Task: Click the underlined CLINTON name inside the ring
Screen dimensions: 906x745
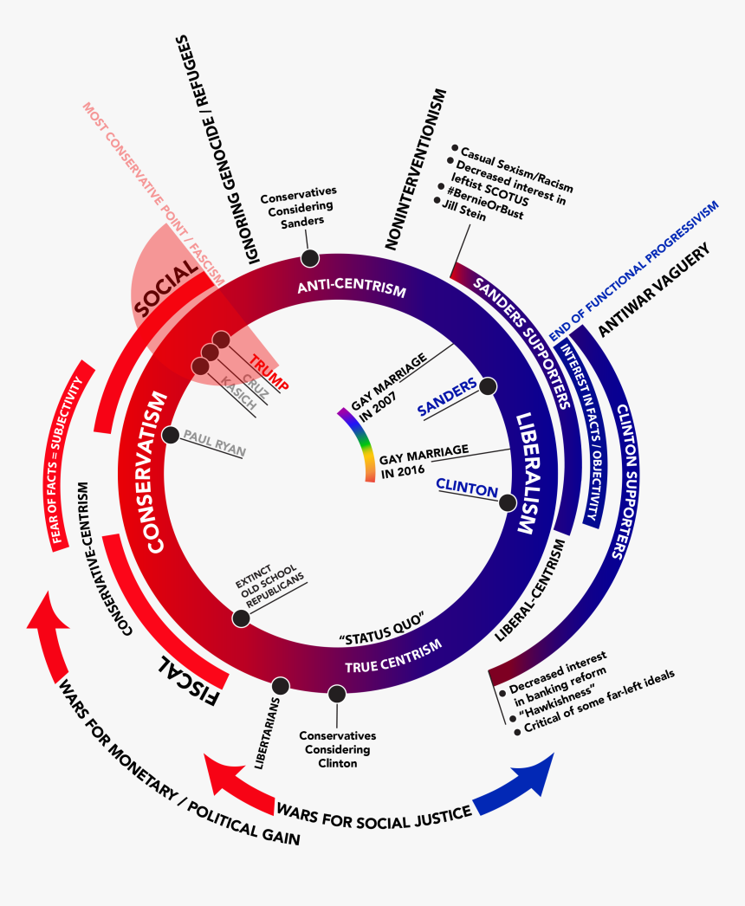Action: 467,488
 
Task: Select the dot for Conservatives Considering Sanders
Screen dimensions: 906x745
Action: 308,258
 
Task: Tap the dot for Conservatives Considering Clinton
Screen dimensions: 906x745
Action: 337,694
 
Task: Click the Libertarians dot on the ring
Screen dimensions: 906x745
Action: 280,685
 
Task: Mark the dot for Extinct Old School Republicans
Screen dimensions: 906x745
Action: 241,618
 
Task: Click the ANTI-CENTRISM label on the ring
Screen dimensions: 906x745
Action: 351,289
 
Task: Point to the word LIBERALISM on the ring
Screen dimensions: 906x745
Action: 527,474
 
